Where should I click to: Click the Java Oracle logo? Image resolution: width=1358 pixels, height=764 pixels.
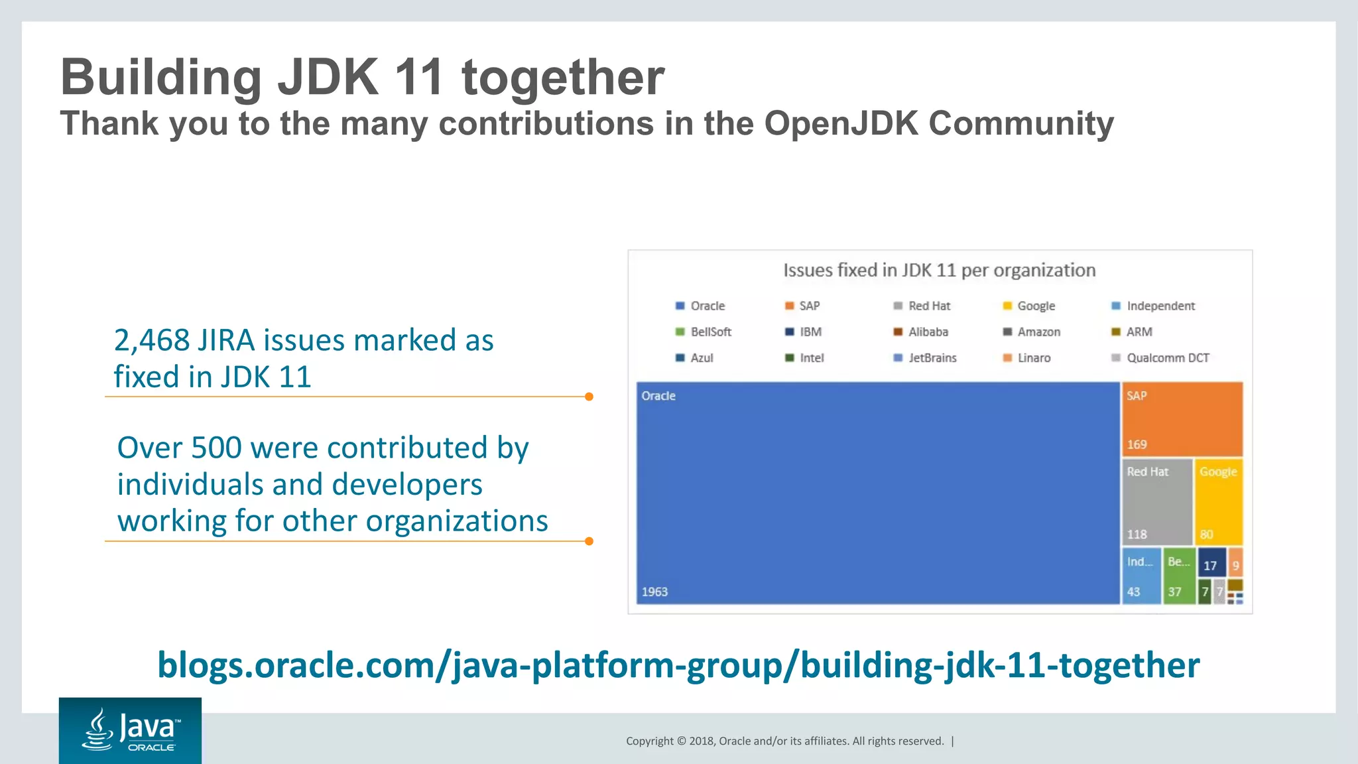tap(130, 730)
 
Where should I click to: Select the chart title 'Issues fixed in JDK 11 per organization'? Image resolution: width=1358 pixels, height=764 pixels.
tap(939, 271)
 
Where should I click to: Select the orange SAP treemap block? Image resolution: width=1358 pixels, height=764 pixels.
tap(1182, 418)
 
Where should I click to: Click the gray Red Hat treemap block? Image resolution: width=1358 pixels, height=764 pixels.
tap(1156, 502)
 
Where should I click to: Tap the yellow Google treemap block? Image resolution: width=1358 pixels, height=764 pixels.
tap(1218, 502)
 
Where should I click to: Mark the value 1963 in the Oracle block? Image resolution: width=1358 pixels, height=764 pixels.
tap(654, 592)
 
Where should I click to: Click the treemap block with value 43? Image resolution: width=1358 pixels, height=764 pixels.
tap(1141, 576)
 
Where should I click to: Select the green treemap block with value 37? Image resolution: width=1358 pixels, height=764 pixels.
tap(1178, 576)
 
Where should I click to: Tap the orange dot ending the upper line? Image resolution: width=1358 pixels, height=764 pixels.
tap(589, 397)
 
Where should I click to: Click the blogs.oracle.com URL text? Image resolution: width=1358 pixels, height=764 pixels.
tap(678, 665)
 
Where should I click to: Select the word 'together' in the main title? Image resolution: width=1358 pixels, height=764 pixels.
tap(562, 78)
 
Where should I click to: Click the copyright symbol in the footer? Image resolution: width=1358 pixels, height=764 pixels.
tap(680, 741)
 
